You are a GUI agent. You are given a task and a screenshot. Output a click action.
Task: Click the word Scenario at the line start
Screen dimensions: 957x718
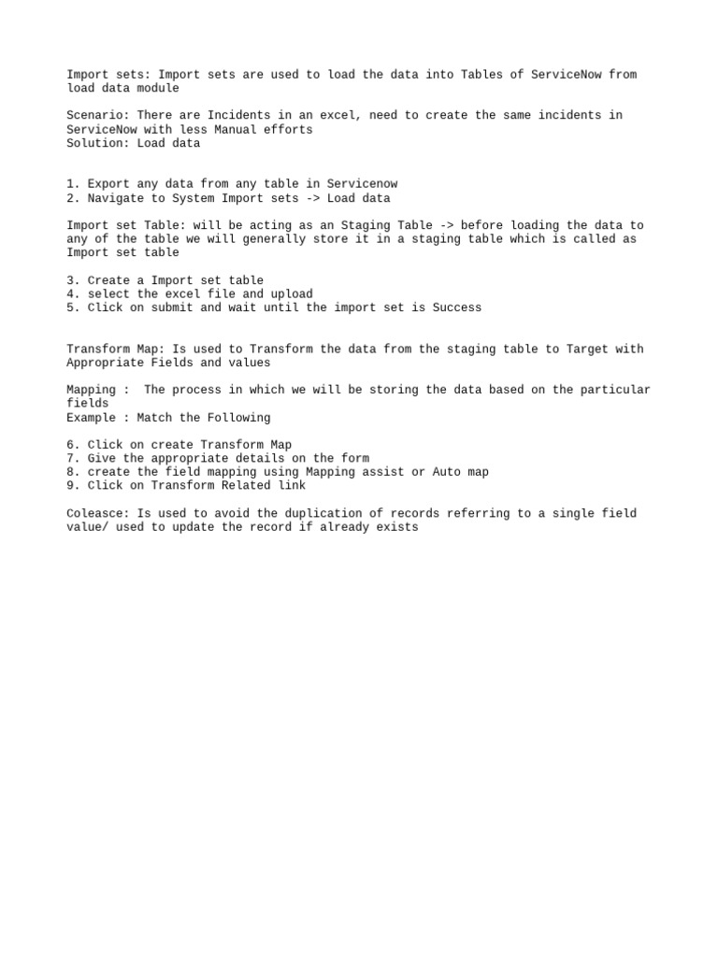click(x=94, y=115)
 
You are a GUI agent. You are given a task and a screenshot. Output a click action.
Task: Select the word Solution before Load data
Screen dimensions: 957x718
click(x=94, y=143)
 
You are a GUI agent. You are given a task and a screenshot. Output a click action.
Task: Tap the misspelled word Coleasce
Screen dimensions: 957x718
click(x=94, y=513)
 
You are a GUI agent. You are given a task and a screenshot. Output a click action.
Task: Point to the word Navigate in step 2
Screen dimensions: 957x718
click(x=115, y=198)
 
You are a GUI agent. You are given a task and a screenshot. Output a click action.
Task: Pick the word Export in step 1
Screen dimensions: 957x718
click(x=108, y=184)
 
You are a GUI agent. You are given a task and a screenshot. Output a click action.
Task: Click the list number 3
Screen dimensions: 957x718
click(x=71, y=280)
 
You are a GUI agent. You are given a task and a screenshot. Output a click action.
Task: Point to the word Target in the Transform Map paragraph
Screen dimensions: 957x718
click(x=587, y=349)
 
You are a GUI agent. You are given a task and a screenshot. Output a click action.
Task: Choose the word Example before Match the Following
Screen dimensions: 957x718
click(x=91, y=418)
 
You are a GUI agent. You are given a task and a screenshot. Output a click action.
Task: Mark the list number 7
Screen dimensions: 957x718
click(x=71, y=458)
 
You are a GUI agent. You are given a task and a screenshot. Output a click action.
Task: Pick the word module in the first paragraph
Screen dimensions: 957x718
click(x=157, y=88)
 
